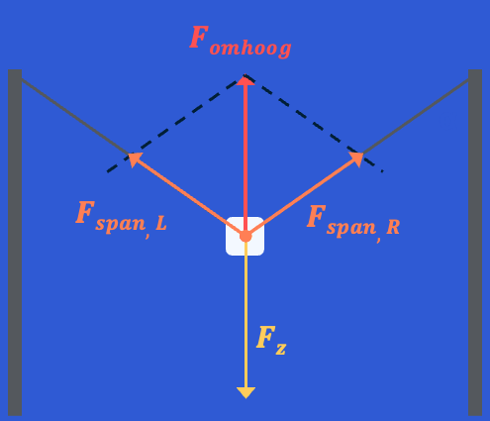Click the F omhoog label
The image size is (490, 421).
click(241, 42)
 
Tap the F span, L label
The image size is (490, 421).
click(121, 219)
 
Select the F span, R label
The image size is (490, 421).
click(353, 223)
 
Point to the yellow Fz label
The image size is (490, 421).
click(271, 341)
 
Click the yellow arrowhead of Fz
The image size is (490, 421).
click(245, 392)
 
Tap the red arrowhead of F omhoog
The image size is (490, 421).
click(245, 80)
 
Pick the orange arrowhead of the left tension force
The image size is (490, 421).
click(135, 159)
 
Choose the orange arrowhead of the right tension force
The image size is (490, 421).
click(356, 159)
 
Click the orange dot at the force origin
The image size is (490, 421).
click(245, 236)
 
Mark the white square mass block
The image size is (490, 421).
click(245, 236)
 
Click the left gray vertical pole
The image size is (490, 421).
click(15, 243)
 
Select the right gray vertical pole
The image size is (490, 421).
click(475, 243)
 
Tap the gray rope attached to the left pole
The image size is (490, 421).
click(75, 117)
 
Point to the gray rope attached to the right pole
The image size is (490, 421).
click(416, 117)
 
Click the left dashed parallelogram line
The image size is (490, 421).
click(176, 123)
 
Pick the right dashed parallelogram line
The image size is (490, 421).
click(314, 123)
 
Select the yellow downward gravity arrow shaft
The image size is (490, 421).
click(245, 314)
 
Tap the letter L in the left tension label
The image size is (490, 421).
click(161, 224)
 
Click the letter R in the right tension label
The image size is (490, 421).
click(393, 228)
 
